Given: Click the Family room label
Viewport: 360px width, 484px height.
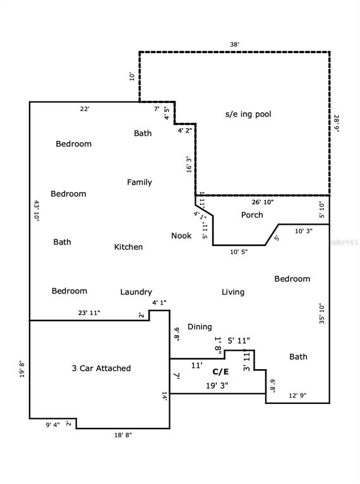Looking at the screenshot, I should (139, 182).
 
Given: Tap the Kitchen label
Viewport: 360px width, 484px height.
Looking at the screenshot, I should (128, 247).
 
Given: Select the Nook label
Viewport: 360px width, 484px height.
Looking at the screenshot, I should (181, 236).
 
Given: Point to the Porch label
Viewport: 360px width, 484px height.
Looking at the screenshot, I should (252, 215).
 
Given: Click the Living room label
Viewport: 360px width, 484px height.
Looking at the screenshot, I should (232, 292).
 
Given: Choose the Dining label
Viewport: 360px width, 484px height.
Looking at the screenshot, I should (200, 327).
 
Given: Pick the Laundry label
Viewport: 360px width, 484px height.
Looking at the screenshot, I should (136, 292).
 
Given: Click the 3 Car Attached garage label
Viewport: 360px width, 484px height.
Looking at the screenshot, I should (101, 368).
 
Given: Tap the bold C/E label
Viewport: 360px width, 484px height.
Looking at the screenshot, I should (220, 372).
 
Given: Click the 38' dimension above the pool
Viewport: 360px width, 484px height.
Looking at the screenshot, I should (234, 45).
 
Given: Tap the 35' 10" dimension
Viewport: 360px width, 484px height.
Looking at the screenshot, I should (321, 313).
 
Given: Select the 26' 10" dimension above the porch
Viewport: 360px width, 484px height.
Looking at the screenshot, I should (263, 202).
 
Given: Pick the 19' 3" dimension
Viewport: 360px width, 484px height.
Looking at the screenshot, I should (217, 385).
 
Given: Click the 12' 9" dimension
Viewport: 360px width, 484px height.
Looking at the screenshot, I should (298, 396).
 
